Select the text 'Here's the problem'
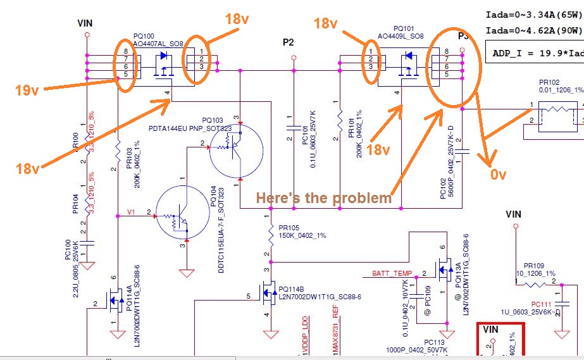[x=324, y=198]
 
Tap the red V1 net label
[x=130, y=212]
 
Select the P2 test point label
[x=289, y=42]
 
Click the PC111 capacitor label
[x=542, y=304]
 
